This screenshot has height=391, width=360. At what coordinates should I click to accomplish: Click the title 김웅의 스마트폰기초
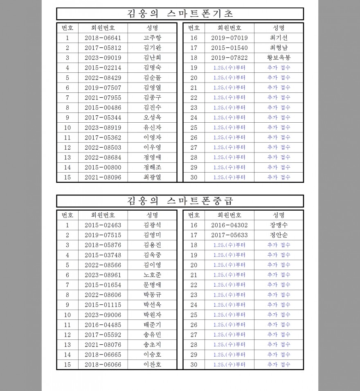click(180, 14)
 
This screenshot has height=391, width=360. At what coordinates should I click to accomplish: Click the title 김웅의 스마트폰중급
click(180, 201)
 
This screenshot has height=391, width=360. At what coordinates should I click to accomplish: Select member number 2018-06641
click(103, 38)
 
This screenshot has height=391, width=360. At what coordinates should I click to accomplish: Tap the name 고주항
click(152, 38)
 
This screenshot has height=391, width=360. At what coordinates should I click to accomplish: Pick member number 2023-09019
click(103, 58)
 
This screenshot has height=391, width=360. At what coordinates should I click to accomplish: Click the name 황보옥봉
click(279, 58)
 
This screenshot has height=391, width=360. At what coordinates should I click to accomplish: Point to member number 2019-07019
click(229, 38)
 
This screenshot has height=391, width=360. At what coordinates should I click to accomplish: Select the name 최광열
click(152, 177)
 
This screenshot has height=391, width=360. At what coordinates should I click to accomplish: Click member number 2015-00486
click(103, 108)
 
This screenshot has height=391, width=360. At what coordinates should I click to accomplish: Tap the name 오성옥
click(152, 117)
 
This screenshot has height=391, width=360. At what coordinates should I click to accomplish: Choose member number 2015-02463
click(103, 225)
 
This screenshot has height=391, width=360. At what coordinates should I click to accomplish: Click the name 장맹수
click(279, 225)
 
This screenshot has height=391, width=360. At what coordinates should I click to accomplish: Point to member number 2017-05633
click(229, 235)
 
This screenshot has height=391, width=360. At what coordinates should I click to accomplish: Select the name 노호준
click(152, 275)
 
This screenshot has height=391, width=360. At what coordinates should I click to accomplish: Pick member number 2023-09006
click(103, 315)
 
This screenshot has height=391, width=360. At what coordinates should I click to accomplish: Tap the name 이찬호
click(152, 364)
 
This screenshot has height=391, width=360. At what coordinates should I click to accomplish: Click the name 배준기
click(152, 325)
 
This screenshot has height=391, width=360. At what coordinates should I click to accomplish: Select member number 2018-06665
click(103, 355)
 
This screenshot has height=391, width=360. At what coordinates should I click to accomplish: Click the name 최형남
click(279, 48)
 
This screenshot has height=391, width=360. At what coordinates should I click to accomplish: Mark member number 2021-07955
click(103, 97)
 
